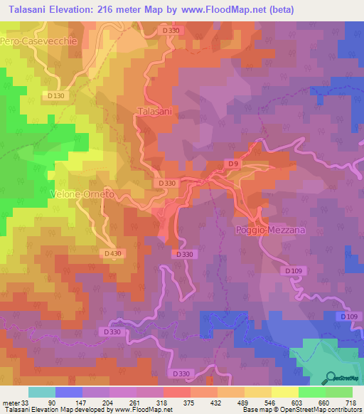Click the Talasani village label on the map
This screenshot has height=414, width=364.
coord(156,112)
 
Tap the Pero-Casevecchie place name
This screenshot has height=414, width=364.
coord(38,42)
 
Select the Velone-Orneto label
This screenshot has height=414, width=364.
coord(83,194)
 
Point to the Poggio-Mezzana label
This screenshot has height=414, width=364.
coord(268,231)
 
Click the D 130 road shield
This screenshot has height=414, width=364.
coord(58,95)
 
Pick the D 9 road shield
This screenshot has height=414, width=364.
coord(232,164)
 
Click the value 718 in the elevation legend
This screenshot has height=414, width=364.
coord(350,402)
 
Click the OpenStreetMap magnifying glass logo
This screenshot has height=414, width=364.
coord(328,377)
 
